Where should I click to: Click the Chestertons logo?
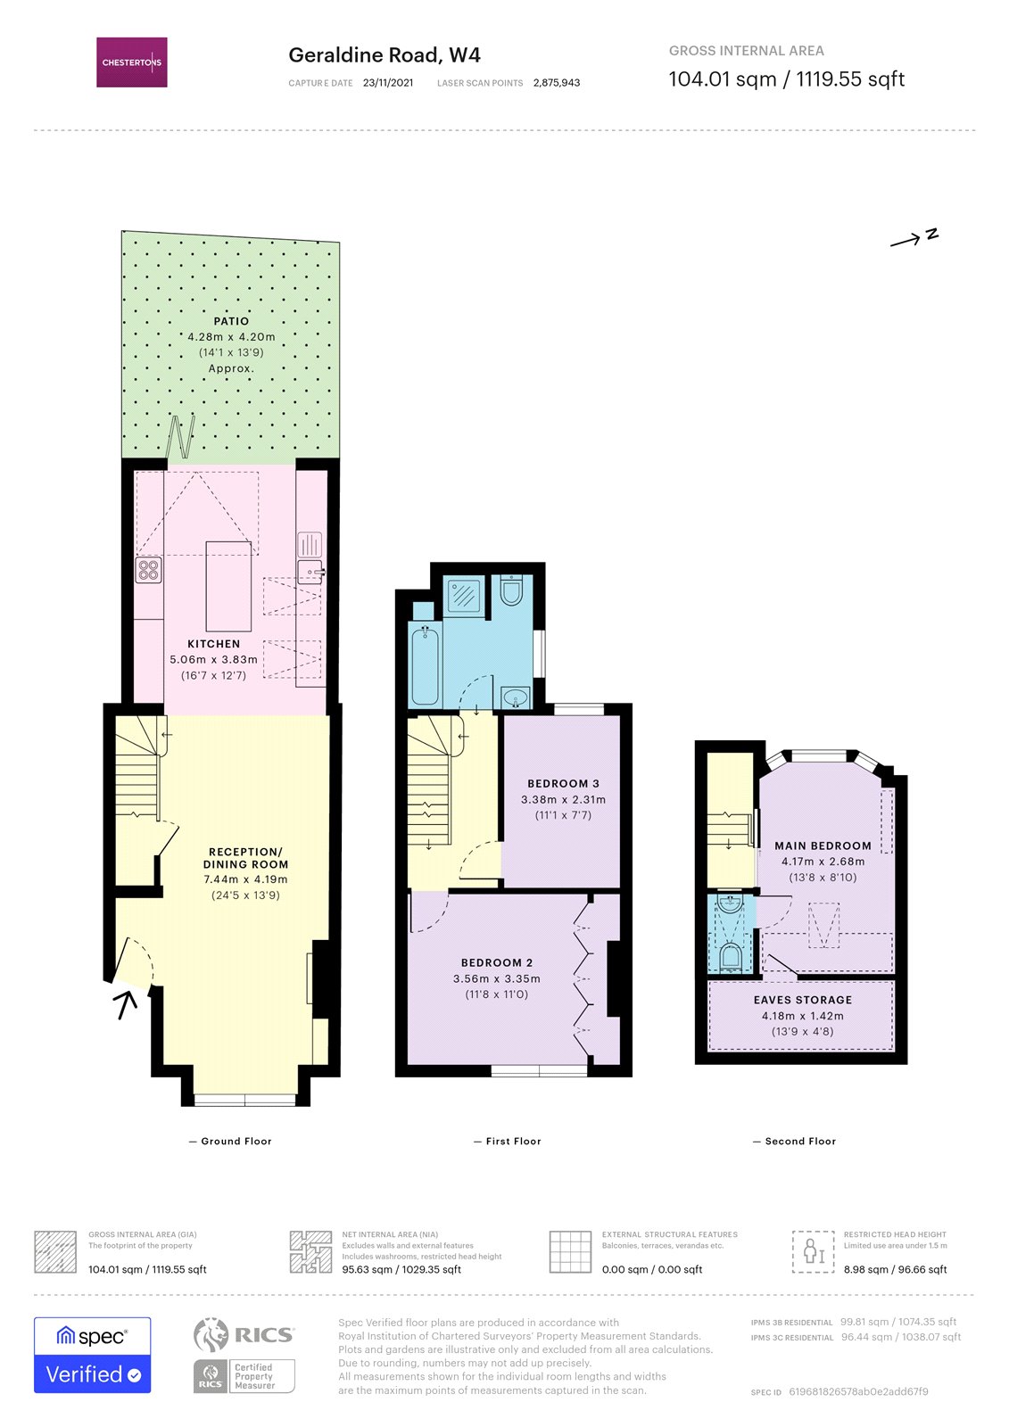132,62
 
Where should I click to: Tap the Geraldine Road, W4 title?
384,55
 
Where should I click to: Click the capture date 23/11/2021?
388,83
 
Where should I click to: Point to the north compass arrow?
914,238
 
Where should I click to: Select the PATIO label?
231,321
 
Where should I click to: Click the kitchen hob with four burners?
149,569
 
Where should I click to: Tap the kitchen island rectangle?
228,586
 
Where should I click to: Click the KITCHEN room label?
214,644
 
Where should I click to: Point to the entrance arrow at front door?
126,1004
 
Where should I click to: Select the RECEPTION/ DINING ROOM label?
245,858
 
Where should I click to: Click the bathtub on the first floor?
425,664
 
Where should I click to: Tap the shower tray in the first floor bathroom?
464,596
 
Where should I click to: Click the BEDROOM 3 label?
563,784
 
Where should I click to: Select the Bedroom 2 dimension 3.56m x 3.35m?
497,978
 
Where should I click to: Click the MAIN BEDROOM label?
823,845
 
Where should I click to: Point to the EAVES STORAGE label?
803,1000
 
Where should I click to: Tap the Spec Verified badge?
93,1355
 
